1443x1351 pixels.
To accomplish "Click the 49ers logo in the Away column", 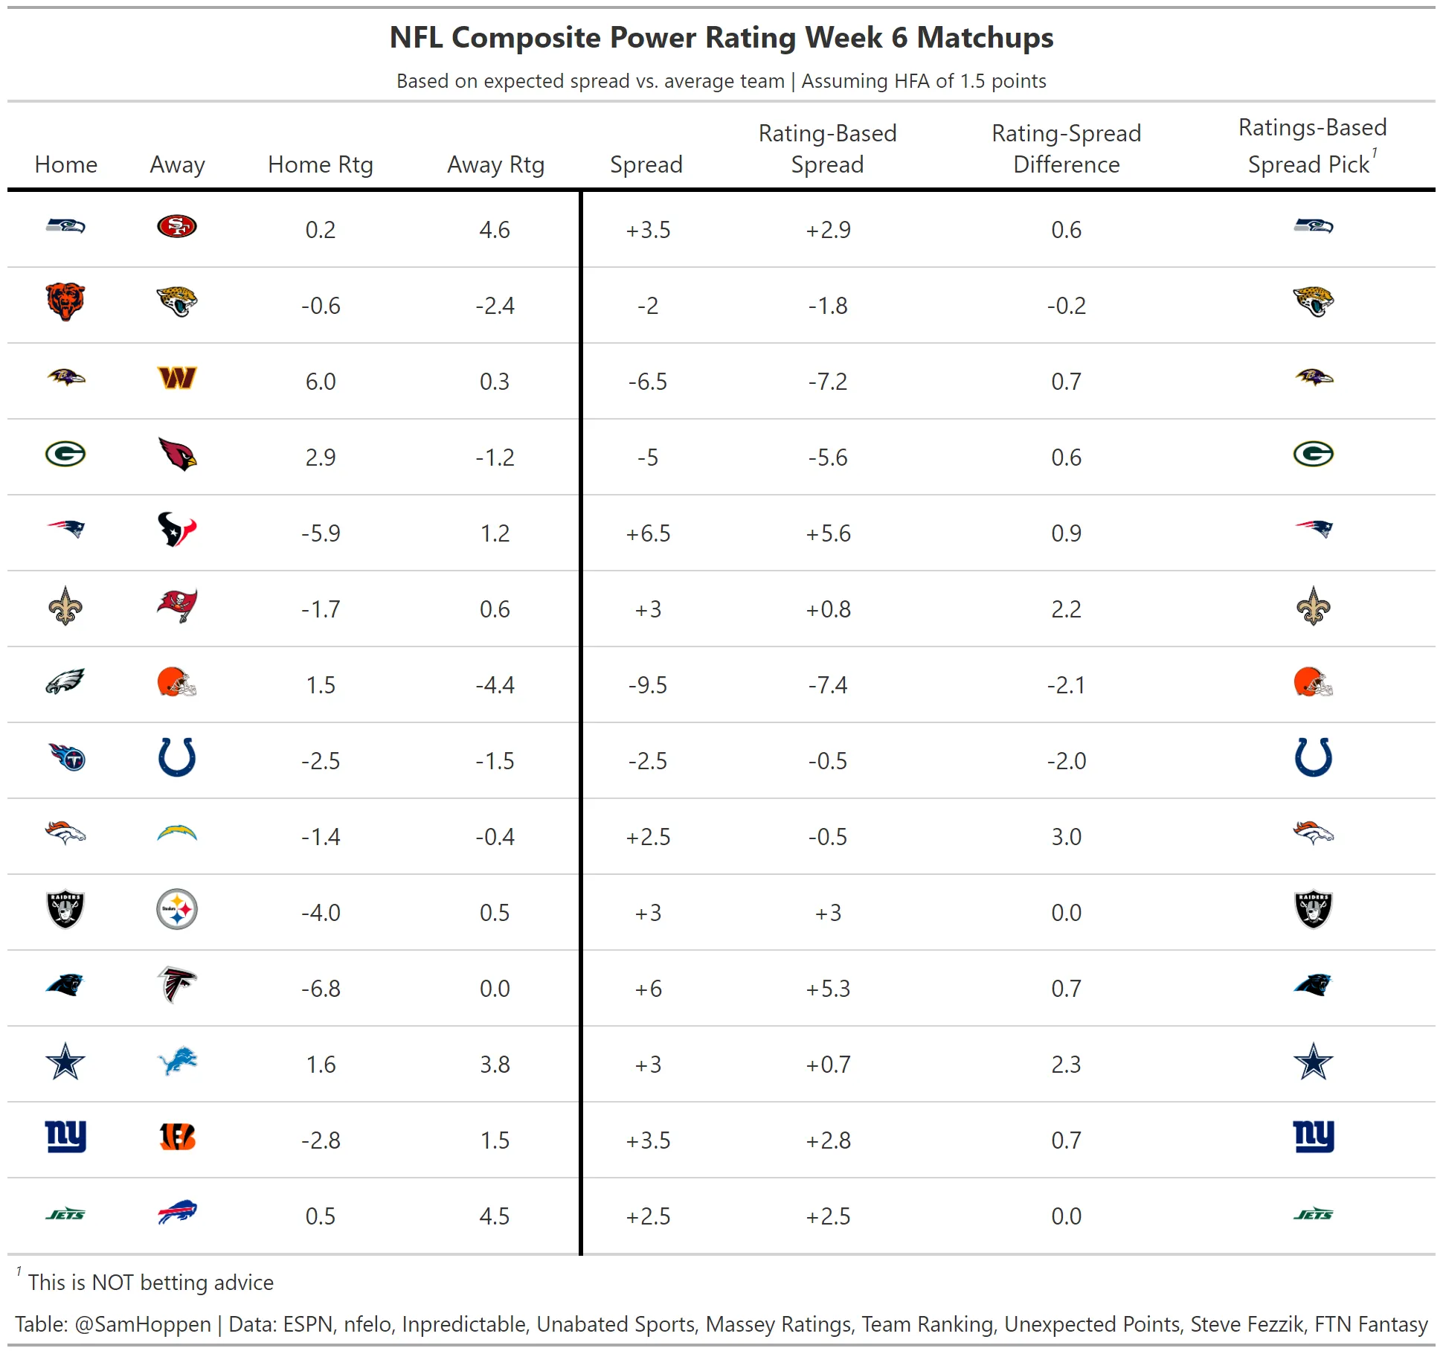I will coord(177,226).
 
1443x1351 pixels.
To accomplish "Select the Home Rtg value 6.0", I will coord(321,382).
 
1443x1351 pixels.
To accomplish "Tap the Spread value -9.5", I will coord(647,685).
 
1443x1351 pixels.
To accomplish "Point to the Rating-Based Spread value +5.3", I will coord(828,989).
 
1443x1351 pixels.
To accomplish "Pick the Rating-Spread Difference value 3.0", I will coord(1066,837).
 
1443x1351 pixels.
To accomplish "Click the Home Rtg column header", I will coord(321,164).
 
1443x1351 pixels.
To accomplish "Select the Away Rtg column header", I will coord(495,164).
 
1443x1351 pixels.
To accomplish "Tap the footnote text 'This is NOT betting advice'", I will coord(151,1283).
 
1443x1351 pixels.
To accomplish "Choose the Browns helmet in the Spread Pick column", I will coord(1313,682).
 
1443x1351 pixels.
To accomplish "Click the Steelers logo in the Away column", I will coord(177,910).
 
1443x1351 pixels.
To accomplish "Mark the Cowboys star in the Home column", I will coord(65,1062).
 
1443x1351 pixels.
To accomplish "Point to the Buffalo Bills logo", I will coord(177,1213).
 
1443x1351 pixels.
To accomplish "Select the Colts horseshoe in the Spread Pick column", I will coord(1313,758).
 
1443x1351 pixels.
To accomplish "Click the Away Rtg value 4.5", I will coord(495,1216).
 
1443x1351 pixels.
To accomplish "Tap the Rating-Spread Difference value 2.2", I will coord(1066,609).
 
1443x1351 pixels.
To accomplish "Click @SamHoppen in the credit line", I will coord(143,1325).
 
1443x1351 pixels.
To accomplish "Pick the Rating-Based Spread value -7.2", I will coord(828,382).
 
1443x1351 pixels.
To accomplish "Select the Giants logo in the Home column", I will coord(65,1136).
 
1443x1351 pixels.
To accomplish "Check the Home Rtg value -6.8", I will coord(321,989).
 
